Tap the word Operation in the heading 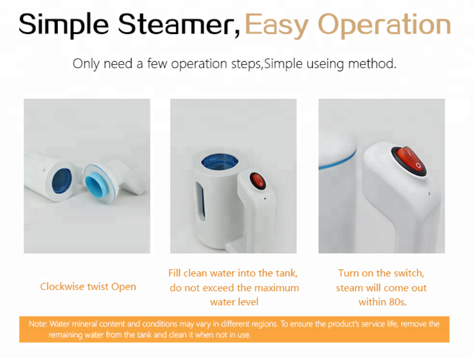pos(384,26)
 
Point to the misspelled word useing pos(325,64)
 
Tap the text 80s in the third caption pos(397,302)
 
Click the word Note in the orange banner pos(38,324)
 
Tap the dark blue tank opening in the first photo pos(62,181)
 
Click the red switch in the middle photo pos(258,181)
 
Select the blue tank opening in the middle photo pos(220,161)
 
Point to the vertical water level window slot pos(200,200)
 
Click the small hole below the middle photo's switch pos(265,199)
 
